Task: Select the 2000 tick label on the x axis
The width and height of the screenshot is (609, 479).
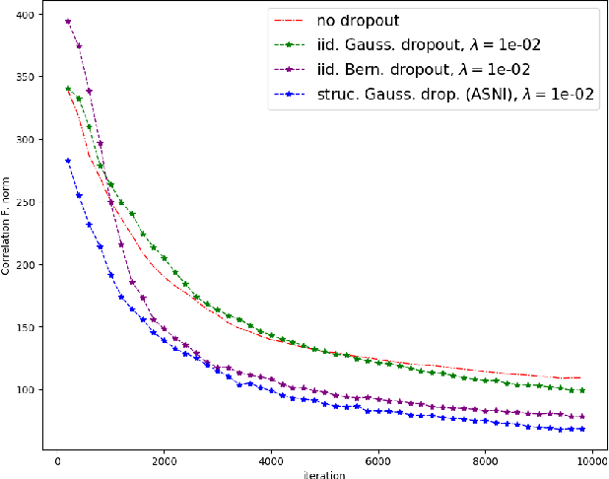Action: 165,459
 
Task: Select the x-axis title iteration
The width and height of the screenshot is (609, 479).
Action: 325,473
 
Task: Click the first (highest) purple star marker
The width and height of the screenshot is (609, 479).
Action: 68,22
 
